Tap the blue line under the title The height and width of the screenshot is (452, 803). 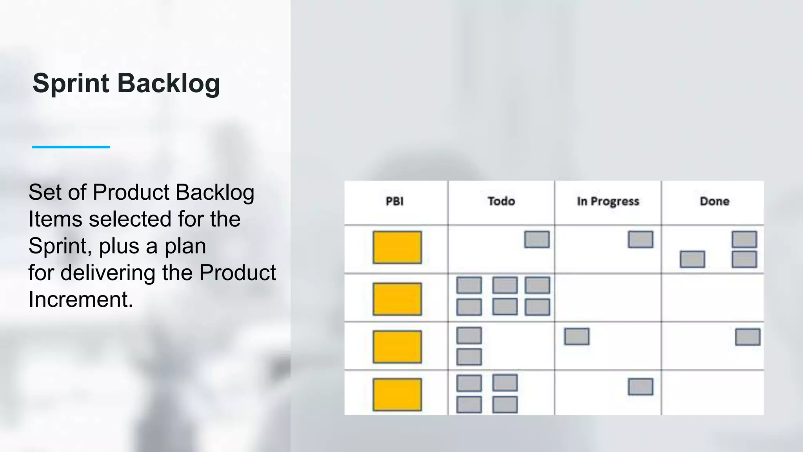point(71,147)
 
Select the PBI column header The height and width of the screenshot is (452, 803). point(394,201)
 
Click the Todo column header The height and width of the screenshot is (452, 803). point(501,201)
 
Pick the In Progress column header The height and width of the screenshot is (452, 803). point(608,201)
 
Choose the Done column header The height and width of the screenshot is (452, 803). point(714,201)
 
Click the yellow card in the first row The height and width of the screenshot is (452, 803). point(397,247)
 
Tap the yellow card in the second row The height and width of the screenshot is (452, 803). point(397,299)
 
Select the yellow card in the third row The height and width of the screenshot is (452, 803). point(397,347)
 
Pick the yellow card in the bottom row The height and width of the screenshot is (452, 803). point(397,394)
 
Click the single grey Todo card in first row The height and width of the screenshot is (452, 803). point(537,239)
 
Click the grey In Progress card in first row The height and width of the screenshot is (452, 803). point(640,239)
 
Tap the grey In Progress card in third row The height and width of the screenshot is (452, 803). point(576,337)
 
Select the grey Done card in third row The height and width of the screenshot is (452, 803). point(747,337)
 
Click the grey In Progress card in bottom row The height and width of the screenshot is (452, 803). point(640,386)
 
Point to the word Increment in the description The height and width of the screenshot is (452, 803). point(80,299)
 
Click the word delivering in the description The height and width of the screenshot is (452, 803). point(108,273)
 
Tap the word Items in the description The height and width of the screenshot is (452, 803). point(55,219)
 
